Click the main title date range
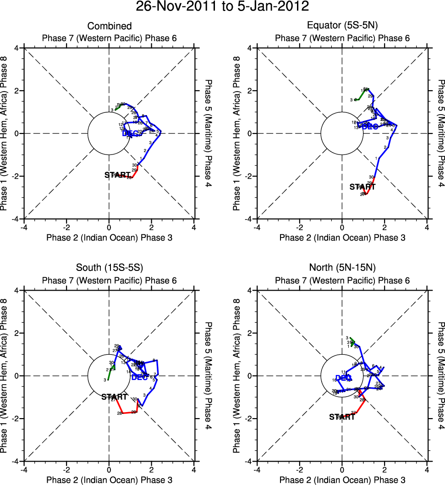coord(222,7)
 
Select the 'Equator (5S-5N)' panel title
coord(342,26)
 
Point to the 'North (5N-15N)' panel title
coord(342,269)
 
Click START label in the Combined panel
coord(117,175)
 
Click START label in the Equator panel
coord(362,187)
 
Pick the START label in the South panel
coord(114,397)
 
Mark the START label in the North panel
coord(342,417)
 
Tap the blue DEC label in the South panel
coord(139,377)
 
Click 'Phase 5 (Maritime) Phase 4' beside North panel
coord(441,375)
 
